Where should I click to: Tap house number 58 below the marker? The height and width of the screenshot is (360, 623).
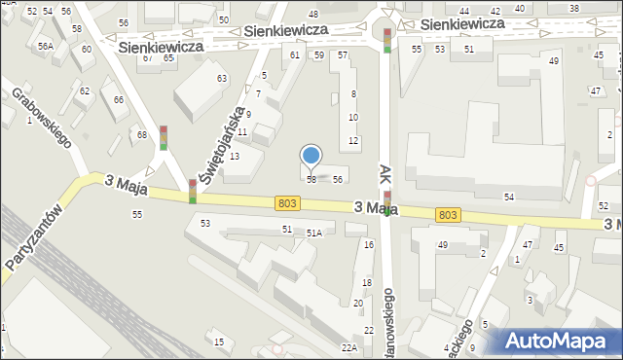[311, 180]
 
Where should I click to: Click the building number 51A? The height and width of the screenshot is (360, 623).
[314, 234]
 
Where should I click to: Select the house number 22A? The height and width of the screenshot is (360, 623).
[348, 347]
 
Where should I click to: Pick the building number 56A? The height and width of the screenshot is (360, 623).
[45, 46]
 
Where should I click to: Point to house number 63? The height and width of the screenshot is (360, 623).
[222, 78]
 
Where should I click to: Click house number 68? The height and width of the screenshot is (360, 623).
[142, 134]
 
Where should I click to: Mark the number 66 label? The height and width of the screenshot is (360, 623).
[119, 100]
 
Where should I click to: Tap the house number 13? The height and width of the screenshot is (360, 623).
[234, 157]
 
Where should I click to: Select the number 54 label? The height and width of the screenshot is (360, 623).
[508, 198]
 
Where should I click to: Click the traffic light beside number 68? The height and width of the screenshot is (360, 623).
[164, 137]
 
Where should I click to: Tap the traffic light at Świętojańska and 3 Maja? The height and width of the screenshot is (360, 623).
[193, 191]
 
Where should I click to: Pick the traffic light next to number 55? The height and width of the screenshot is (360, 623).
[387, 40]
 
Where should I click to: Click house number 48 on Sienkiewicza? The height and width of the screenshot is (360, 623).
[312, 14]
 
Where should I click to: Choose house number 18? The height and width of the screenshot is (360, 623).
[367, 282]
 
